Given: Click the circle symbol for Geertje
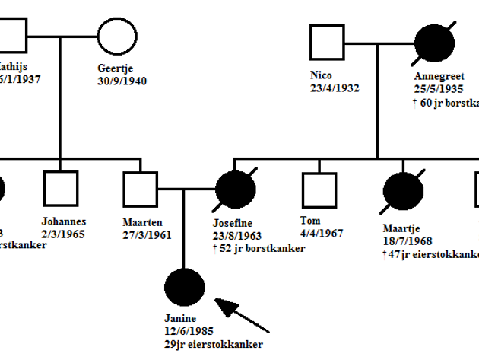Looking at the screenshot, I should tap(117, 35).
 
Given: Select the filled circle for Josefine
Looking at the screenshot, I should tap(235, 190).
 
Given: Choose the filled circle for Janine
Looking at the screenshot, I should tap(184, 288).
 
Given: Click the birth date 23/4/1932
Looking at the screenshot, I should tap(335, 88).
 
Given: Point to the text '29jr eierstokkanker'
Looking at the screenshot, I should tap(214, 345).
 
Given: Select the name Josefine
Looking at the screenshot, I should tap(235, 224).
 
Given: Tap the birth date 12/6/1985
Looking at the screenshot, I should tap(189, 332).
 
